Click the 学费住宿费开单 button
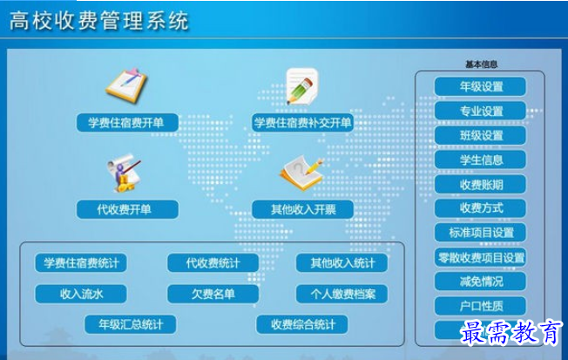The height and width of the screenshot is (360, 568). [126, 123]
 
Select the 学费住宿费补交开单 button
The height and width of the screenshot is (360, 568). [302, 123]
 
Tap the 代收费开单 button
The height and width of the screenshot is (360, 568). [126, 209]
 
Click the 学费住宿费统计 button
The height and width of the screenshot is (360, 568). [81, 262]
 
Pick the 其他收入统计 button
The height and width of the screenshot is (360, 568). [342, 262]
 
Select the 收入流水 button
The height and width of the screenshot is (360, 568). [81, 294]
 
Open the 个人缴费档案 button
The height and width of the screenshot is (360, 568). [342, 294]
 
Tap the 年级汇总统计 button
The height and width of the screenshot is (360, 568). [130, 324]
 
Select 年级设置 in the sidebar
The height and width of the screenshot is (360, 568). [481, 87]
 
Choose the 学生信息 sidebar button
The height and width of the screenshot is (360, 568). [481, 160]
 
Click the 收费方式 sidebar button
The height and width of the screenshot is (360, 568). [481, 208]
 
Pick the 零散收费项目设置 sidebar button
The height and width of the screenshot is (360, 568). [481, 257]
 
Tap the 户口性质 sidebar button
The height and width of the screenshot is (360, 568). [481, 306]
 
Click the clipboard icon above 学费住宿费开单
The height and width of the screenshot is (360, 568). [126, 85]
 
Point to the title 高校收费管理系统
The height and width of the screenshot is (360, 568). [98, 21]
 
